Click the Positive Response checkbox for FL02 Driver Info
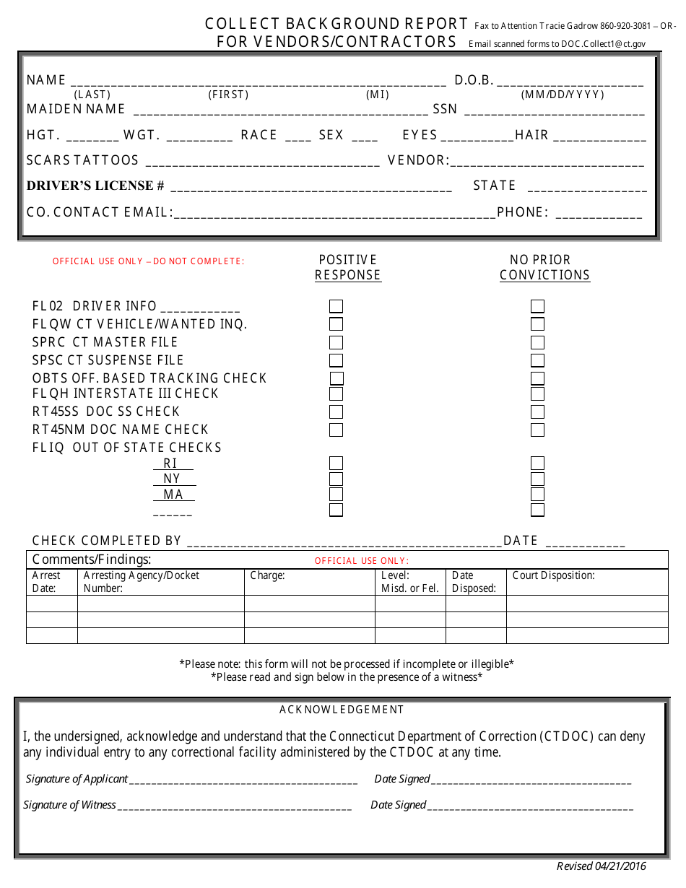pos(336,307)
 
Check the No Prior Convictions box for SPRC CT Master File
pos(537,342)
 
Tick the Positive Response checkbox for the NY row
pos(336,479)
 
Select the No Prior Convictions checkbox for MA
pos(537,495)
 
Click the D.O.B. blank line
pos(570,82)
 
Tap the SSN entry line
pos(554,110)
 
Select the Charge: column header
pos(268,575)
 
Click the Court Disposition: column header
pos(553,575)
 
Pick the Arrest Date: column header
pos(46,581)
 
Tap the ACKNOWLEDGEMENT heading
pos(342,710)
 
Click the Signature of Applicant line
pos(243,780)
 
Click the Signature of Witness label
pos(69,805)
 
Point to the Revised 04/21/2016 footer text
pos(601,866)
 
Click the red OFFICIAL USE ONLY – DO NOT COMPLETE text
pos(149,261)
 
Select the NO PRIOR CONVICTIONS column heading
pos(544,267)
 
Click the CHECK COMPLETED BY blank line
pos(344,542)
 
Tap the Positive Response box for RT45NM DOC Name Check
pos(336,430)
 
